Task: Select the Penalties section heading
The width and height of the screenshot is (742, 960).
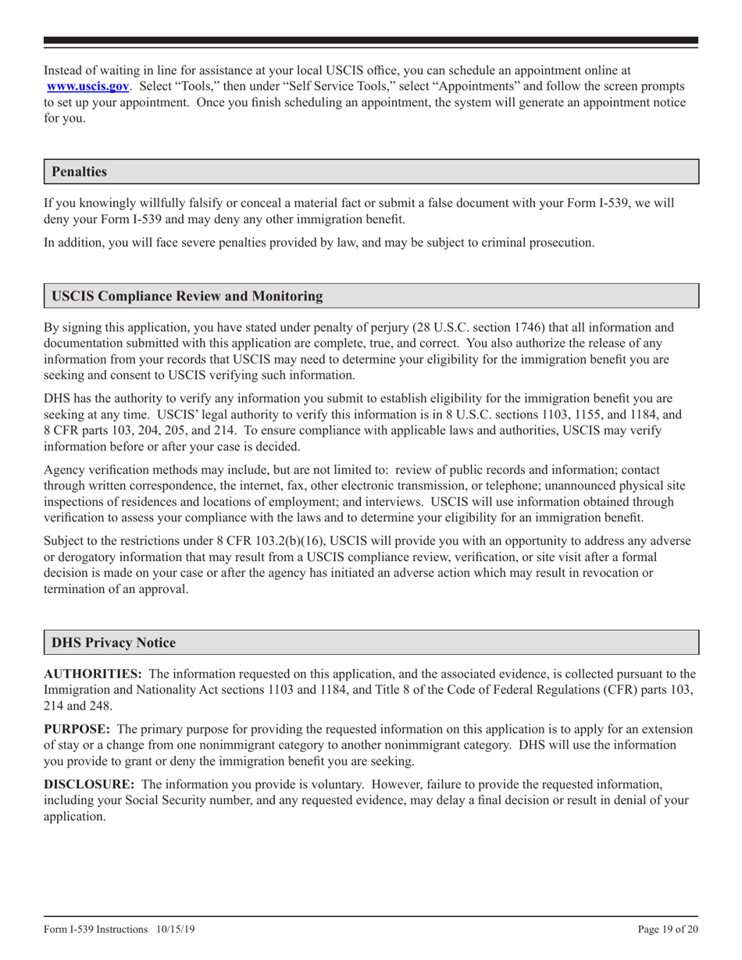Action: coord(79,171)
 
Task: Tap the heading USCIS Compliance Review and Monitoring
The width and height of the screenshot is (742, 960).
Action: coord(187,296)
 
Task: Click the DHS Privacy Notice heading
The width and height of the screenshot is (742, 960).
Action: coord(113,642)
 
